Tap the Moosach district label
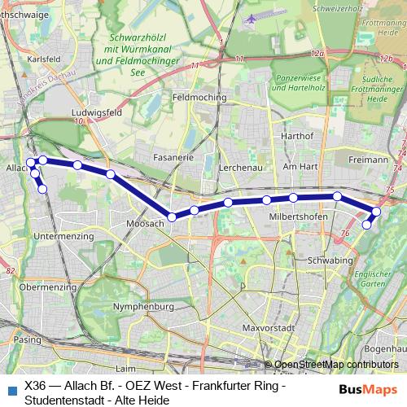146,223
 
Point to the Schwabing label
330,260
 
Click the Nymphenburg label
145,307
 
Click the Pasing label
26,339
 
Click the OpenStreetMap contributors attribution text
336,365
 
